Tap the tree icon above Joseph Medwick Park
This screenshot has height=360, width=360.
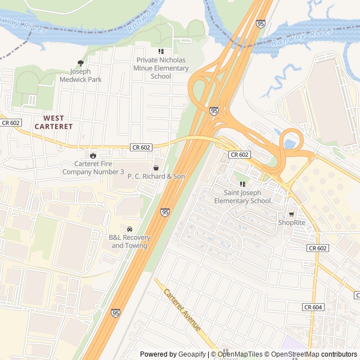point(80,63)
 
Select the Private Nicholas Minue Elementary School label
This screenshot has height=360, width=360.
point(161,68)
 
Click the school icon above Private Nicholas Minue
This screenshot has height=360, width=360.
point(161,52)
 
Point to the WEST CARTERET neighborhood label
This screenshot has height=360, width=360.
point(53,122)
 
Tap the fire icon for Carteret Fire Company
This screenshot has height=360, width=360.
point(93,155)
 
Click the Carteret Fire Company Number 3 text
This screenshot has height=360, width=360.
point(93,168)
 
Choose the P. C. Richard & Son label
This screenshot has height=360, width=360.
point(156,176)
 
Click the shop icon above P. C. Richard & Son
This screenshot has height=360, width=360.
point(156,167)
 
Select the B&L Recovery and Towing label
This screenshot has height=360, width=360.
point(129,241)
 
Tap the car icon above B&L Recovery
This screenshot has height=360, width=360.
point(130,229)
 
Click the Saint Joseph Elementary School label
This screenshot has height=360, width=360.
point(243,197)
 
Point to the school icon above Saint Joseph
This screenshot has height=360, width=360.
point(243,184)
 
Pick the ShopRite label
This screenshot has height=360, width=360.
point(291,222)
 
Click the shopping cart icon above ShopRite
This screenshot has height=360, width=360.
point(291,214)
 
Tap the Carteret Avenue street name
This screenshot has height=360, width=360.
point(182,310)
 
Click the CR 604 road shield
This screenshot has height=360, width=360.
point(313,307)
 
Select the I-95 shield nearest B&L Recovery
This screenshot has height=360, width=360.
point(165,212)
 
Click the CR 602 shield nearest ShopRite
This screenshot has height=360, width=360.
point(318,247)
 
